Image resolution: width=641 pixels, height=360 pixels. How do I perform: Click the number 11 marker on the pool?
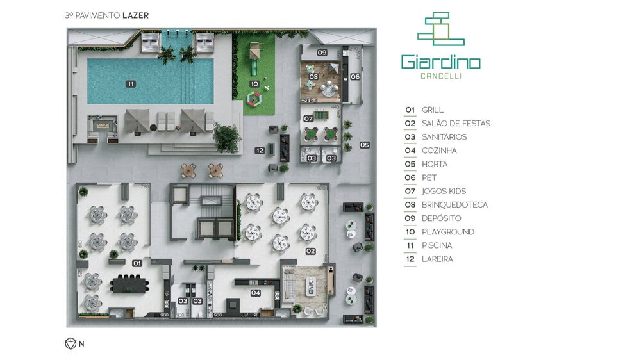point(131,84)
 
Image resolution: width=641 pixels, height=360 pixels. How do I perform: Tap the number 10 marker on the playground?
point(254,84)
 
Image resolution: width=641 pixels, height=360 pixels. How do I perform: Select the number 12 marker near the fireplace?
point(260,151)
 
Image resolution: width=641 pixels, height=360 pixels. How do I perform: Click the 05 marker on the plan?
point(364,145)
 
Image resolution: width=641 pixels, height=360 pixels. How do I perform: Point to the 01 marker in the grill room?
point(137,263)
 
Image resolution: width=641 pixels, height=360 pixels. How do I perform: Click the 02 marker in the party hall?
point(311,251)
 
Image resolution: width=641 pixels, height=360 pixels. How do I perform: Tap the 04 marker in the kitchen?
point(256,293)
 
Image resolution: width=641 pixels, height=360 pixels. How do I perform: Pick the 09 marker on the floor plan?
point(322,53)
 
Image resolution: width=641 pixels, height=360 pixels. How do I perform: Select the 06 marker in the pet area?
point(355,77)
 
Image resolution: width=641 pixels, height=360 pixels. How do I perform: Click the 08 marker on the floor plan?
point(313,77)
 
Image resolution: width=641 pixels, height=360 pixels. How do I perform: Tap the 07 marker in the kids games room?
point(308,119)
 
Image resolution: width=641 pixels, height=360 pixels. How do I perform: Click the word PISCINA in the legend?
point(437,245)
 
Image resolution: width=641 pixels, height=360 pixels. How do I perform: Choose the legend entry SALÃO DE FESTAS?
point(456,124)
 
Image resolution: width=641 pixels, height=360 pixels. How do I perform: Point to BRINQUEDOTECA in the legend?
point(454,205)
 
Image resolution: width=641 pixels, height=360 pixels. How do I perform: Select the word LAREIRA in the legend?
point(437,259)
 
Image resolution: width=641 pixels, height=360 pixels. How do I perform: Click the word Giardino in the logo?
point(440,61)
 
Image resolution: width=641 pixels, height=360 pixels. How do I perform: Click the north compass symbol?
point(70,343)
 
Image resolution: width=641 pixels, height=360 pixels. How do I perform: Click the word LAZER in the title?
point(137,15)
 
